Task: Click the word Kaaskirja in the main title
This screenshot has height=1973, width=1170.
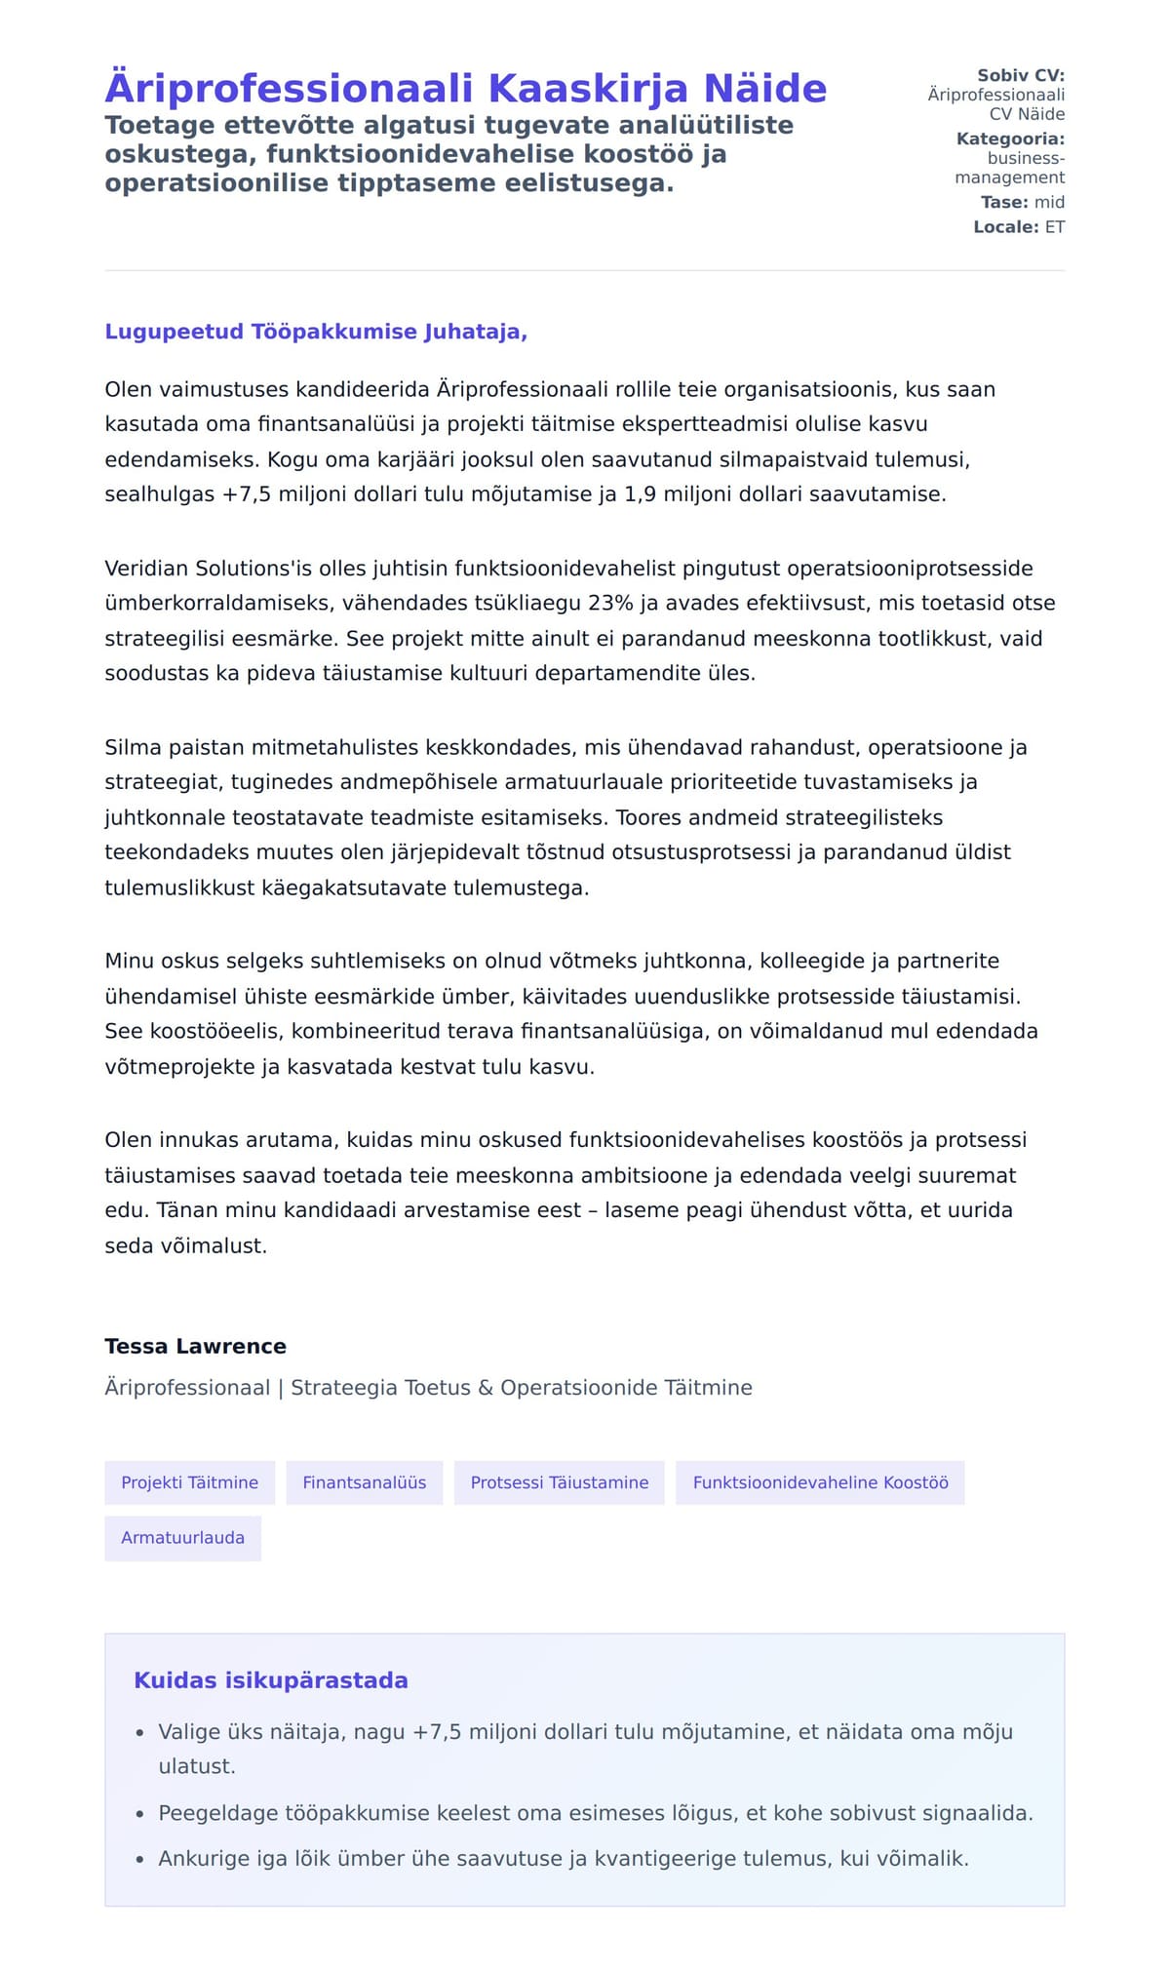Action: pyautogui.click(x=588, y=88)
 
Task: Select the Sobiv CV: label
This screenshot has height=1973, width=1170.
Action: pyautogui.click(x=1020, y=75)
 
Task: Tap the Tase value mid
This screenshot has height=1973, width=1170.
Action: pyautogui.click(x=1049, y=202)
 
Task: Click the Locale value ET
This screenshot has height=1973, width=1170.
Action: pyautogui.click(x=1054, y=226)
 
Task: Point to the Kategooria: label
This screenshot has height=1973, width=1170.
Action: pyautogui.click(x=1010, y=138)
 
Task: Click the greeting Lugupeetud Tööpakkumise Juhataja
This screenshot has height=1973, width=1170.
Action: pyautogui.click(x=315, y=332)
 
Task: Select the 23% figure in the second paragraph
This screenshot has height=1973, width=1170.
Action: pyautogui.click(x=610, y=603)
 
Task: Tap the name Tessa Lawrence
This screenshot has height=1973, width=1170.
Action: pyautogui.click(x=195, y=1346)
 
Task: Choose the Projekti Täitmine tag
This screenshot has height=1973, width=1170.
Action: pyautogui.click(x=189, y=1482)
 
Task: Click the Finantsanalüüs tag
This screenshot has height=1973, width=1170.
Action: pyautogui.click(x=364, y=1482)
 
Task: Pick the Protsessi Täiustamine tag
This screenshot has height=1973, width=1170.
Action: pyautogui.click(x=559, y=1482)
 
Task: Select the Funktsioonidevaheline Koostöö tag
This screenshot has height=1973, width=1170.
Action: pyautogui.click(x=820, y=1482)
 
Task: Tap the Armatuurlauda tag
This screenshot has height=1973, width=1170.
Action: pyautogui.click(x=182, y=1538)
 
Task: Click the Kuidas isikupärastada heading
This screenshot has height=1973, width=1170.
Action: pyautogui.click(x=270, y=1680)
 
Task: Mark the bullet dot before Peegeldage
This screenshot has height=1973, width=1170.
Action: pyautogui.click(x=140, y=1814)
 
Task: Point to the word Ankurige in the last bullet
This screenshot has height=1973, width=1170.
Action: pyautogui.click(x=204, y=1858)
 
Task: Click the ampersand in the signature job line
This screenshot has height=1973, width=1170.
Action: pyautogui.click(x=486, y=1387)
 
